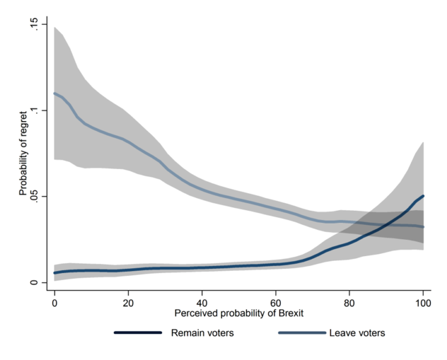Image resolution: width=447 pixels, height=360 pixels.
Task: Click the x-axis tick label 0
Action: tap(55, 303)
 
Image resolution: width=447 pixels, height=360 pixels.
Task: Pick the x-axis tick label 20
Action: tap(128, 303)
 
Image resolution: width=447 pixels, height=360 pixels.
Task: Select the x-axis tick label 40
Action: tap(202, 303)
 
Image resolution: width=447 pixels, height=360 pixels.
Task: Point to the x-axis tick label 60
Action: tap(275, 303)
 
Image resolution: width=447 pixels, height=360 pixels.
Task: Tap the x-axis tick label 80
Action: tap(349, 303)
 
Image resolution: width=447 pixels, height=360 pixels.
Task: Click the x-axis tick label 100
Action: tap(423, 303)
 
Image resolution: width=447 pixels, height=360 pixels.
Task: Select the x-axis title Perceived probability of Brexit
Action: tap(239, 314)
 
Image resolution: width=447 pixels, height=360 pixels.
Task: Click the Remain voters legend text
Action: tap(202, 333)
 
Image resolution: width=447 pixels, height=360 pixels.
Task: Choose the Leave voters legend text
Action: tap(357, 333)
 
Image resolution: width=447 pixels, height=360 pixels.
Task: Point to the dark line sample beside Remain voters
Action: tap(137, 333)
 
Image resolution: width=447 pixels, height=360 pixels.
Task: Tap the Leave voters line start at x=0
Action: tap(55, 93)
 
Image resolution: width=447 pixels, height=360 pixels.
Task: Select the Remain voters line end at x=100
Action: tap(423, 196)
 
